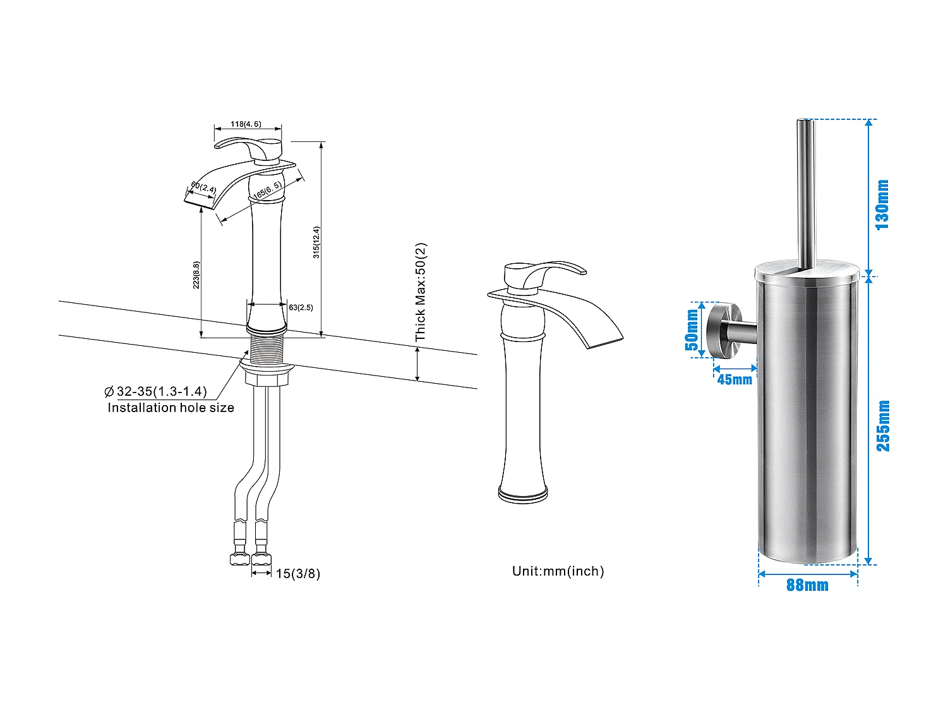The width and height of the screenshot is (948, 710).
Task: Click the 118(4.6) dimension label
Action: [x=246, y=124]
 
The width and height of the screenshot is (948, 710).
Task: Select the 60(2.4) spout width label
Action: [x=203, y=187]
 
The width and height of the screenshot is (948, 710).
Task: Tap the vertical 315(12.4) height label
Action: [x=316, y=242]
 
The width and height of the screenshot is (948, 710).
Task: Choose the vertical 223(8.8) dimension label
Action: [x=196, y=275]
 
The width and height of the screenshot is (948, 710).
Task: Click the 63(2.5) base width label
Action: [x=301, y=307]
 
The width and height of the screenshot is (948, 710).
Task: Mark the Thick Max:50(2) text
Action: [x=421, y=292]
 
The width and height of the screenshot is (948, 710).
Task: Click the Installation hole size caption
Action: [x=171, y=408]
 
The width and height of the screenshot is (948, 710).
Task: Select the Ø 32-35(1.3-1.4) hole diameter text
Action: [x=155, y=392]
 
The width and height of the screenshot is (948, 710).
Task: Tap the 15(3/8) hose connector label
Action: [x=297, y=574]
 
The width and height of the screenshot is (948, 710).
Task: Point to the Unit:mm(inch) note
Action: [x=558, y=571]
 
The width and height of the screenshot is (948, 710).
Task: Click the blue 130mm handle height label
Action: [x=882, y=204]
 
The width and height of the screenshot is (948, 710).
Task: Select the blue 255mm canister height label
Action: [x=883, y=425]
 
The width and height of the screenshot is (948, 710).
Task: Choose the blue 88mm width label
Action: [x=807, y=585]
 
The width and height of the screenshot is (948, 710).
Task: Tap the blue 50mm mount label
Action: [x=692, y=329]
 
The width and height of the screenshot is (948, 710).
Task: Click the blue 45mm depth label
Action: [x=735, y=379]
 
